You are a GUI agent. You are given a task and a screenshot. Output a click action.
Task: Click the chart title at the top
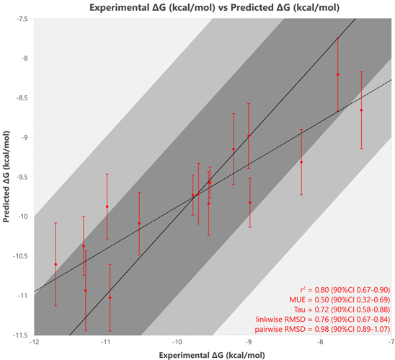point(214,7)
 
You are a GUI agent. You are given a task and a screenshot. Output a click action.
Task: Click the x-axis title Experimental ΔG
point(212,355)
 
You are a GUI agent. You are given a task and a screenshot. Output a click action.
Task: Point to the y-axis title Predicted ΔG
point(6,177)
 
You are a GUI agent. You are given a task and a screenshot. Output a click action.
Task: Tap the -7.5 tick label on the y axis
point(25,19)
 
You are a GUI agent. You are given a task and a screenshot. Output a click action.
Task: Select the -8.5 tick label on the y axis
point(25,98)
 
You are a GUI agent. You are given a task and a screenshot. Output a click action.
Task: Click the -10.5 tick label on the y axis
point(24,256)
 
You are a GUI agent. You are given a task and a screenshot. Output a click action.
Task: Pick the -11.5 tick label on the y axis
point(24,335)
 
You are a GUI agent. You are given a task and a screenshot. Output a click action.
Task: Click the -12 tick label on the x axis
point(35,342)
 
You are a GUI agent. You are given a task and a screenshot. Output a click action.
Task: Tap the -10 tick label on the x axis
point(177,342)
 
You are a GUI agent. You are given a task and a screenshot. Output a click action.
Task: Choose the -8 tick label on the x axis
point(320,342)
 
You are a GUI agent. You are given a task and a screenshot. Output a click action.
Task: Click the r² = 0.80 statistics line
point(345,290)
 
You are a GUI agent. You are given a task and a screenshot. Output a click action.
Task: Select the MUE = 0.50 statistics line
point(339,299)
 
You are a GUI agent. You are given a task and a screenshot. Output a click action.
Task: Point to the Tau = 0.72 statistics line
point(342,309)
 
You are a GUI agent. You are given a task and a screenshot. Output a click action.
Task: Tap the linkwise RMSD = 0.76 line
point(323,320)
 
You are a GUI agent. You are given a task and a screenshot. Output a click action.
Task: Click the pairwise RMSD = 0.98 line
point(322,329)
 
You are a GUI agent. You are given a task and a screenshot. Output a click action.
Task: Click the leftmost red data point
point(56,264)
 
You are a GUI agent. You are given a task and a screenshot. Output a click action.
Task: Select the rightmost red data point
point(361,110)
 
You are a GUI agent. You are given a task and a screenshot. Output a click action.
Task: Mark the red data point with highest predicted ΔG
point(338,74)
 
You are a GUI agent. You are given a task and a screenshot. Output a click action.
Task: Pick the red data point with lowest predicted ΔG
point(110,298)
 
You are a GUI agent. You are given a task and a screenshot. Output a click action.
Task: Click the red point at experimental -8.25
point(301,162)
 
